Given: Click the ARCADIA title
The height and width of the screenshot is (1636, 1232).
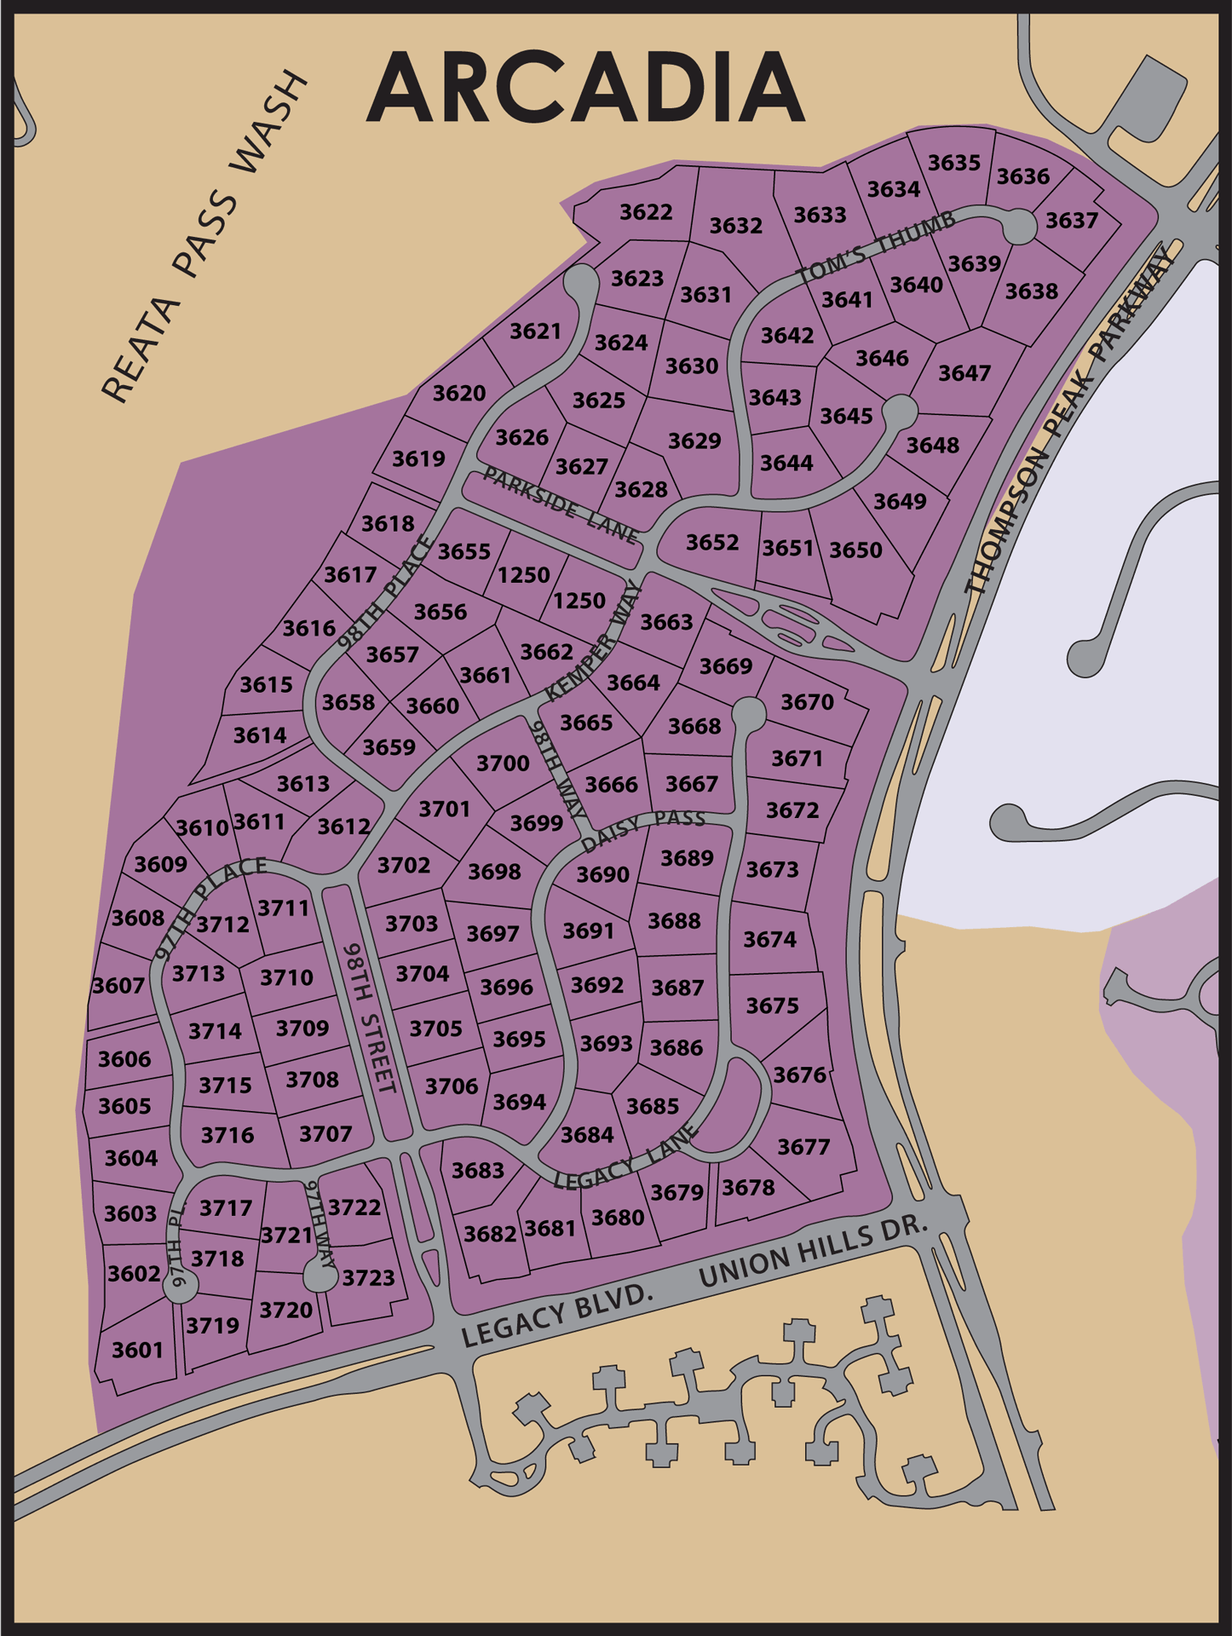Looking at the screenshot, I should point(586,87).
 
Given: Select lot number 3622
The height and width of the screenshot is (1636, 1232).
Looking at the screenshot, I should point(646,211).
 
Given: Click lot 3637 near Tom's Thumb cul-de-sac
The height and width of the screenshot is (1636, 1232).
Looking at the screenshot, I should point(1072,221).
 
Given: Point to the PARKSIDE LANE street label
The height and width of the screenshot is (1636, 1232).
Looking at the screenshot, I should point(561,504).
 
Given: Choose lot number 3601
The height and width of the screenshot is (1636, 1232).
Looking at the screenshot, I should point(137,1350).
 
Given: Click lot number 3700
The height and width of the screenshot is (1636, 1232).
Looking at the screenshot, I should point(503,763).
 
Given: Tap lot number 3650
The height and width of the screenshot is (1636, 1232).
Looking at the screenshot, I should point(855,550).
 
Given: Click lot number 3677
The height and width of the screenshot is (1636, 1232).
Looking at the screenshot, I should point(803,1147).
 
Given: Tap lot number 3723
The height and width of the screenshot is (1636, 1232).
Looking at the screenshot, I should point(369,1277).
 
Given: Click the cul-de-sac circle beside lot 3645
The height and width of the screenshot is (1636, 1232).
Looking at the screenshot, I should point(900,412).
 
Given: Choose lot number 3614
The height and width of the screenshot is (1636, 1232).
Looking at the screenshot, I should point(260,734).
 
